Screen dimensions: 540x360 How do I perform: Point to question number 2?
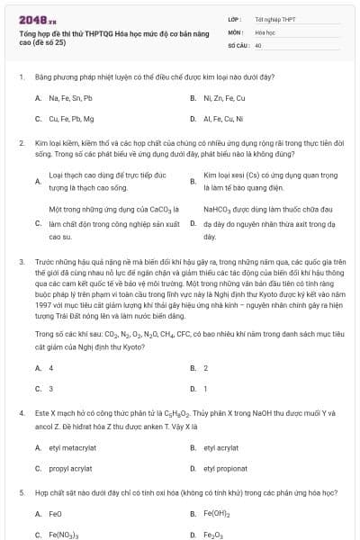coord(21,143)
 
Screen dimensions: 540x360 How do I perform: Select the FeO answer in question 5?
coord(55,514)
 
